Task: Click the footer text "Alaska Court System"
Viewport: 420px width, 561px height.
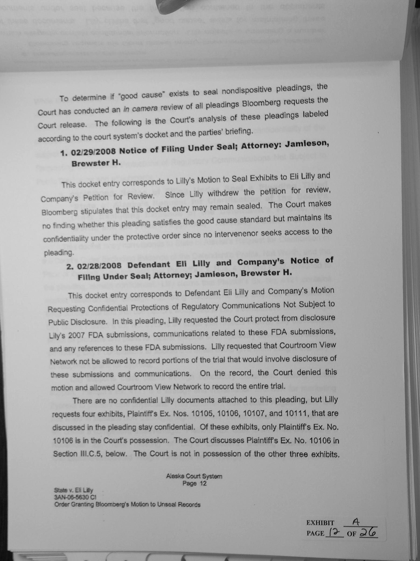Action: [x=194, y=476]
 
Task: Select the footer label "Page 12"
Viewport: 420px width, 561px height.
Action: [x=194, y=483]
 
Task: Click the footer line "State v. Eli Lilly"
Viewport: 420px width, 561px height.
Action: [x=73, y=490]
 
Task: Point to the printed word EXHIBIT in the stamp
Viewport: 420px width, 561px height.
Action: [x=320, y=523]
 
